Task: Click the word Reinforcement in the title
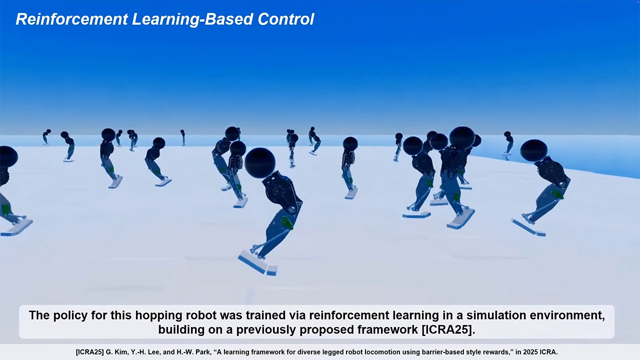(71, 19)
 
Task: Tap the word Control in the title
(285, 19)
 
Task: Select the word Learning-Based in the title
(193, 20)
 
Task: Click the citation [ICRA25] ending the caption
(448, 329)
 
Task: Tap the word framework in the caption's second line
(387, 329)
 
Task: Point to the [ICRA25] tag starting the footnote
(89, 352)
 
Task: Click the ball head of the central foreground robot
(260, 163)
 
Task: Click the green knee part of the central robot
(287, 223)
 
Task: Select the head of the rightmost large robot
(533, 150)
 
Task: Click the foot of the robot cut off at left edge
(16, 227)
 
